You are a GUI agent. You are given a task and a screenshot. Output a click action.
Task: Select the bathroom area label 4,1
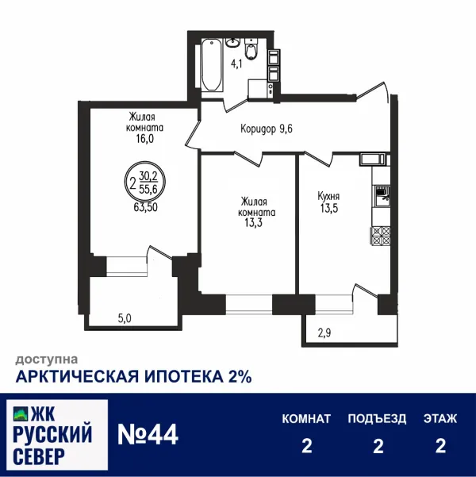coord(237,63)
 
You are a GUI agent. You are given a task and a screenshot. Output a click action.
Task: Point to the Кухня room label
coord(328,195)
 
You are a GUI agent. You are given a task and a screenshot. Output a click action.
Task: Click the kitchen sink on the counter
coord(379,194)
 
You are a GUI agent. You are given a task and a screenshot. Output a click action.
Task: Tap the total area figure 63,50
coord(147,210)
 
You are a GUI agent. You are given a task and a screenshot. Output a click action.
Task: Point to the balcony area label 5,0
coord(125,319)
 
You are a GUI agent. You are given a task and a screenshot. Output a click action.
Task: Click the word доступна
coord(46,359)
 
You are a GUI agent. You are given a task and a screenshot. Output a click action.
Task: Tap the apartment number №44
coord(148,434)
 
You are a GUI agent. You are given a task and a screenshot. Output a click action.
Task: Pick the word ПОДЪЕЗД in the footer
coord(377,417)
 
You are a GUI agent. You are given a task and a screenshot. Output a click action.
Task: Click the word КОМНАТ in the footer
coord(306,417)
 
